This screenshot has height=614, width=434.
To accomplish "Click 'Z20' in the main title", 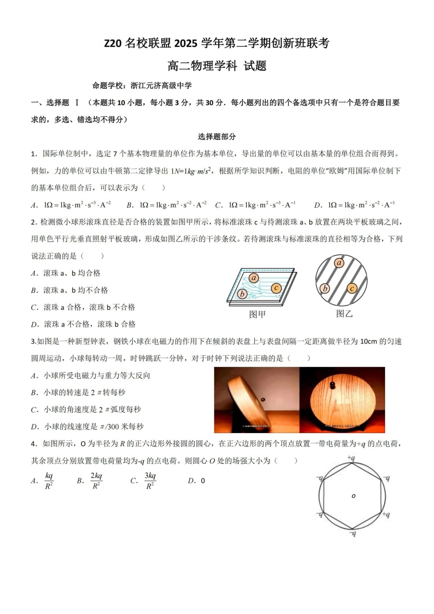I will [x=113, y=43].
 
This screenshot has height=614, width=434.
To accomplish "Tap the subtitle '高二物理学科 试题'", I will [x=217, y=66].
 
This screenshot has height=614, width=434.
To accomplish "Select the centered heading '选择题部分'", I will [x=217, y=137].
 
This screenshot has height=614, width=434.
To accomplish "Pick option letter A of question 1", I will [x=34, y=205].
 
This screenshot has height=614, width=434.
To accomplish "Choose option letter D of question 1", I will [x=318, y=205].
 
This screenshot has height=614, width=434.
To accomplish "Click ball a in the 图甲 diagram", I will [x=254, y=278].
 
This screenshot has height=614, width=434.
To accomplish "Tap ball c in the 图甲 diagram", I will [x=275, y=288].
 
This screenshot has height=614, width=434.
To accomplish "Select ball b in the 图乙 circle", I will [x=325, y=288].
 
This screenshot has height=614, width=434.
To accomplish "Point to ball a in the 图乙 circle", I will [x=339, y=263].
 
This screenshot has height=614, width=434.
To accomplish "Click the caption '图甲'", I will [x=257, y=314].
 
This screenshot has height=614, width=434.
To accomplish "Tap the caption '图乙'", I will [x=344, y=314].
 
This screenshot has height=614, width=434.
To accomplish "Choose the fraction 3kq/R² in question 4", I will [x=150, y=481].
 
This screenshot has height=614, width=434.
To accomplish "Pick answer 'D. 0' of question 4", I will [x=196, y=481].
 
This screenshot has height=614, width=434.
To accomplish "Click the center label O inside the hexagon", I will [x=353, y=496].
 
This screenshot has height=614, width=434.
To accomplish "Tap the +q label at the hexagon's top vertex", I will [x=351, y=458].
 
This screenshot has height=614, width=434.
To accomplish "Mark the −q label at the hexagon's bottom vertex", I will [x=352, y=533].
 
